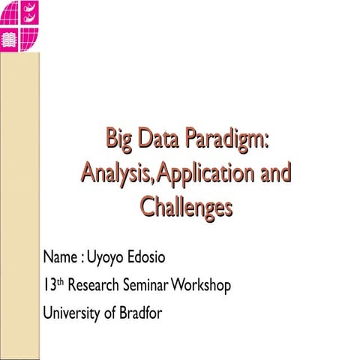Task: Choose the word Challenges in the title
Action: click(185, 208)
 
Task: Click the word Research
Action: click(94, 285)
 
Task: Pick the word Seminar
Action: click(149, 285)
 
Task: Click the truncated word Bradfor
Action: click(140, 311)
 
